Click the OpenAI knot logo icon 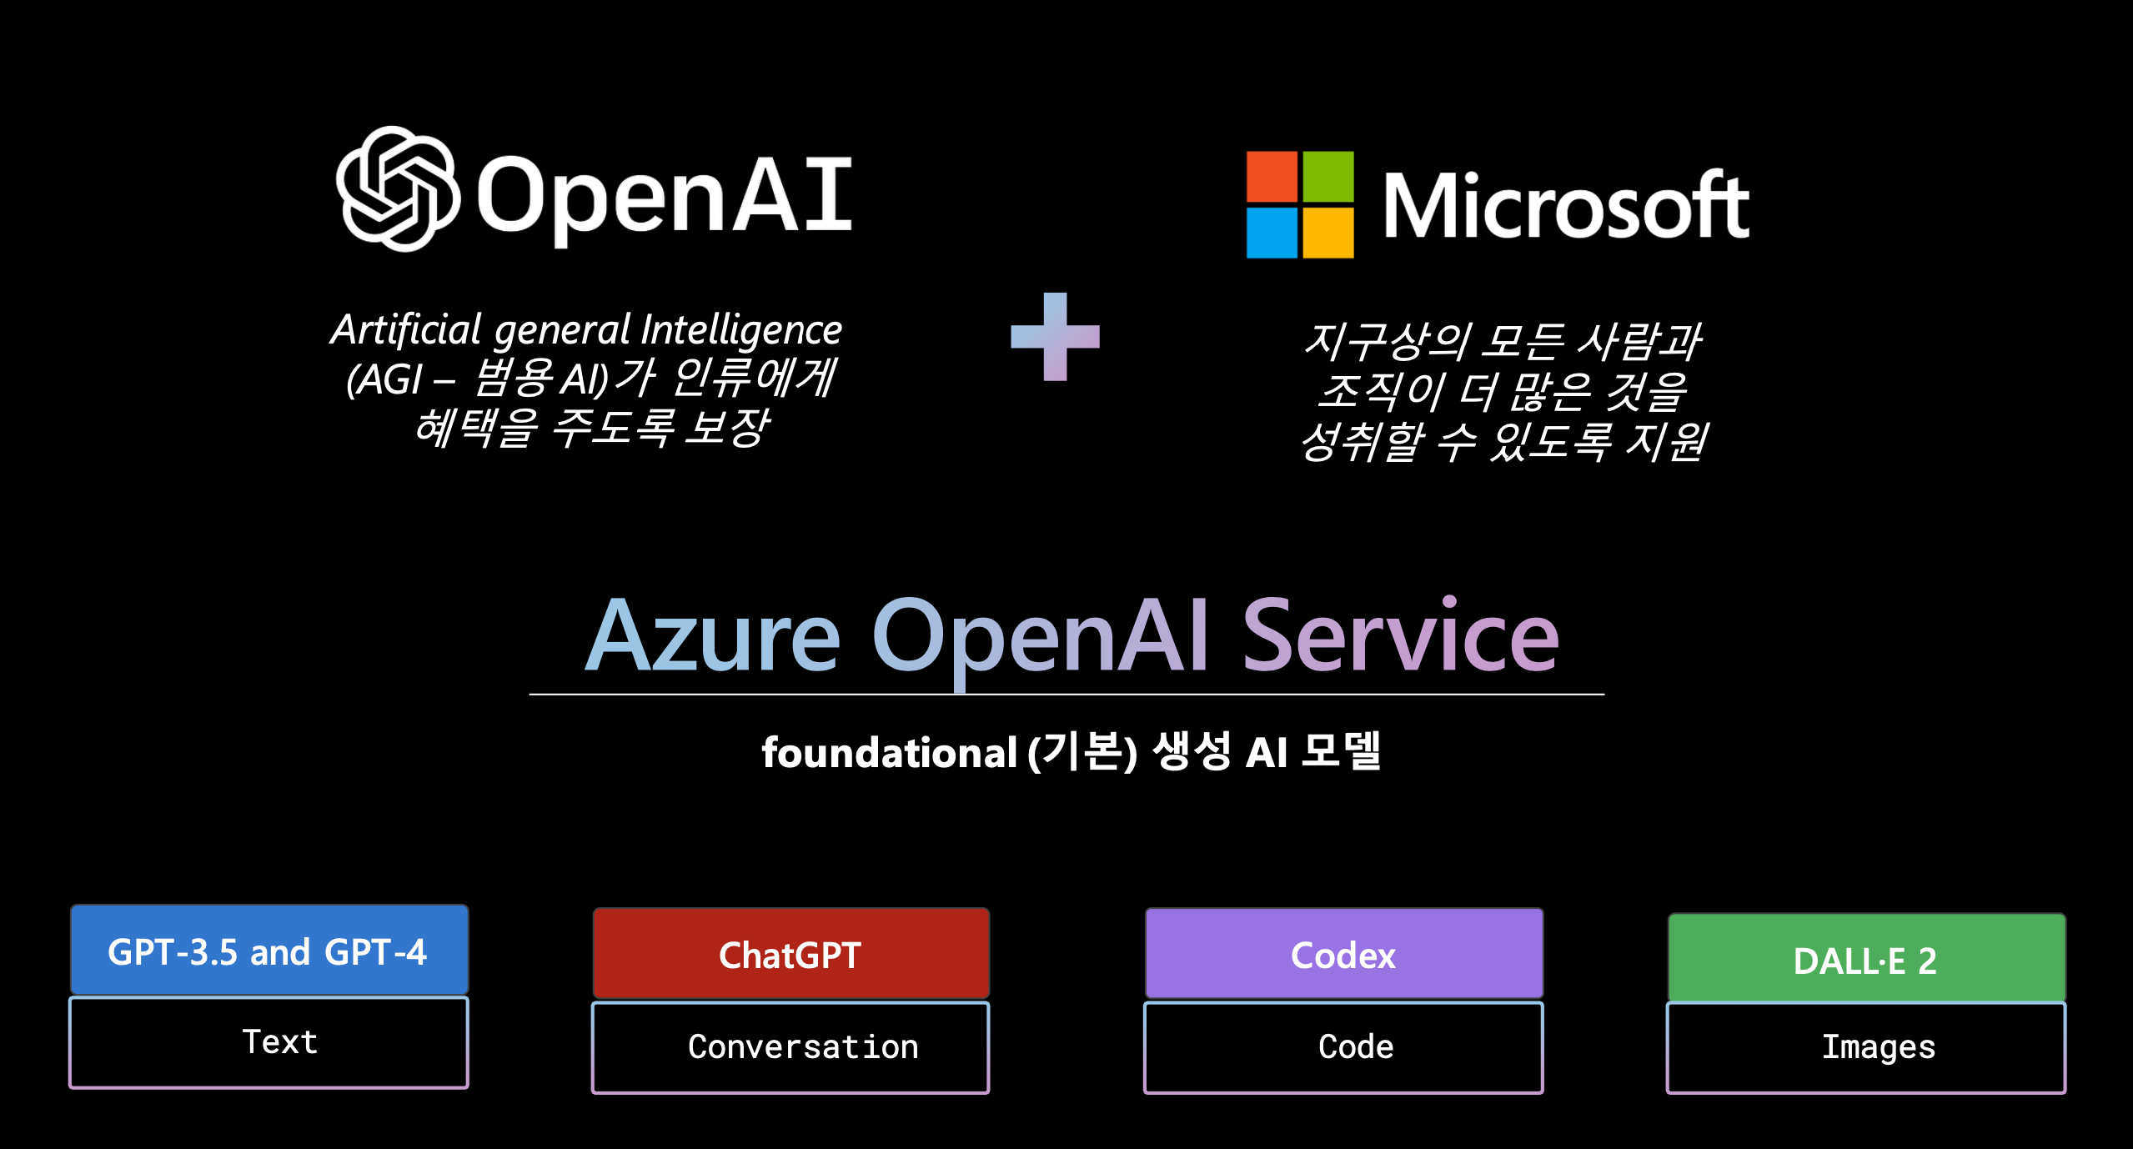coord(398,189)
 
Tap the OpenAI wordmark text coord(664,196)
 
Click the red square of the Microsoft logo coord(1272,177)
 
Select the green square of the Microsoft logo coord(1328,177)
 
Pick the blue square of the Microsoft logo coord(1272,233)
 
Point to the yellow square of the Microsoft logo coord(1328,233)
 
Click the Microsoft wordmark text coord(1565,206)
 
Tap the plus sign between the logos coord(1055,336)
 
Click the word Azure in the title coord(713,637)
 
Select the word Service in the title coord(1400,637)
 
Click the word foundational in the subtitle coord(889,753)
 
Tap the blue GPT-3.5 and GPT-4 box coord(269,951)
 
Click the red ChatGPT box coord(790,954)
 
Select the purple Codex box coord(1343,954)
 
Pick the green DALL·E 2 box coord(1866,959)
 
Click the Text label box coord(269,1042)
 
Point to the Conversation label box coord(790,1047)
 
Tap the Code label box coord(1343,1047)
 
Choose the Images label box coord(1866,1047)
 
